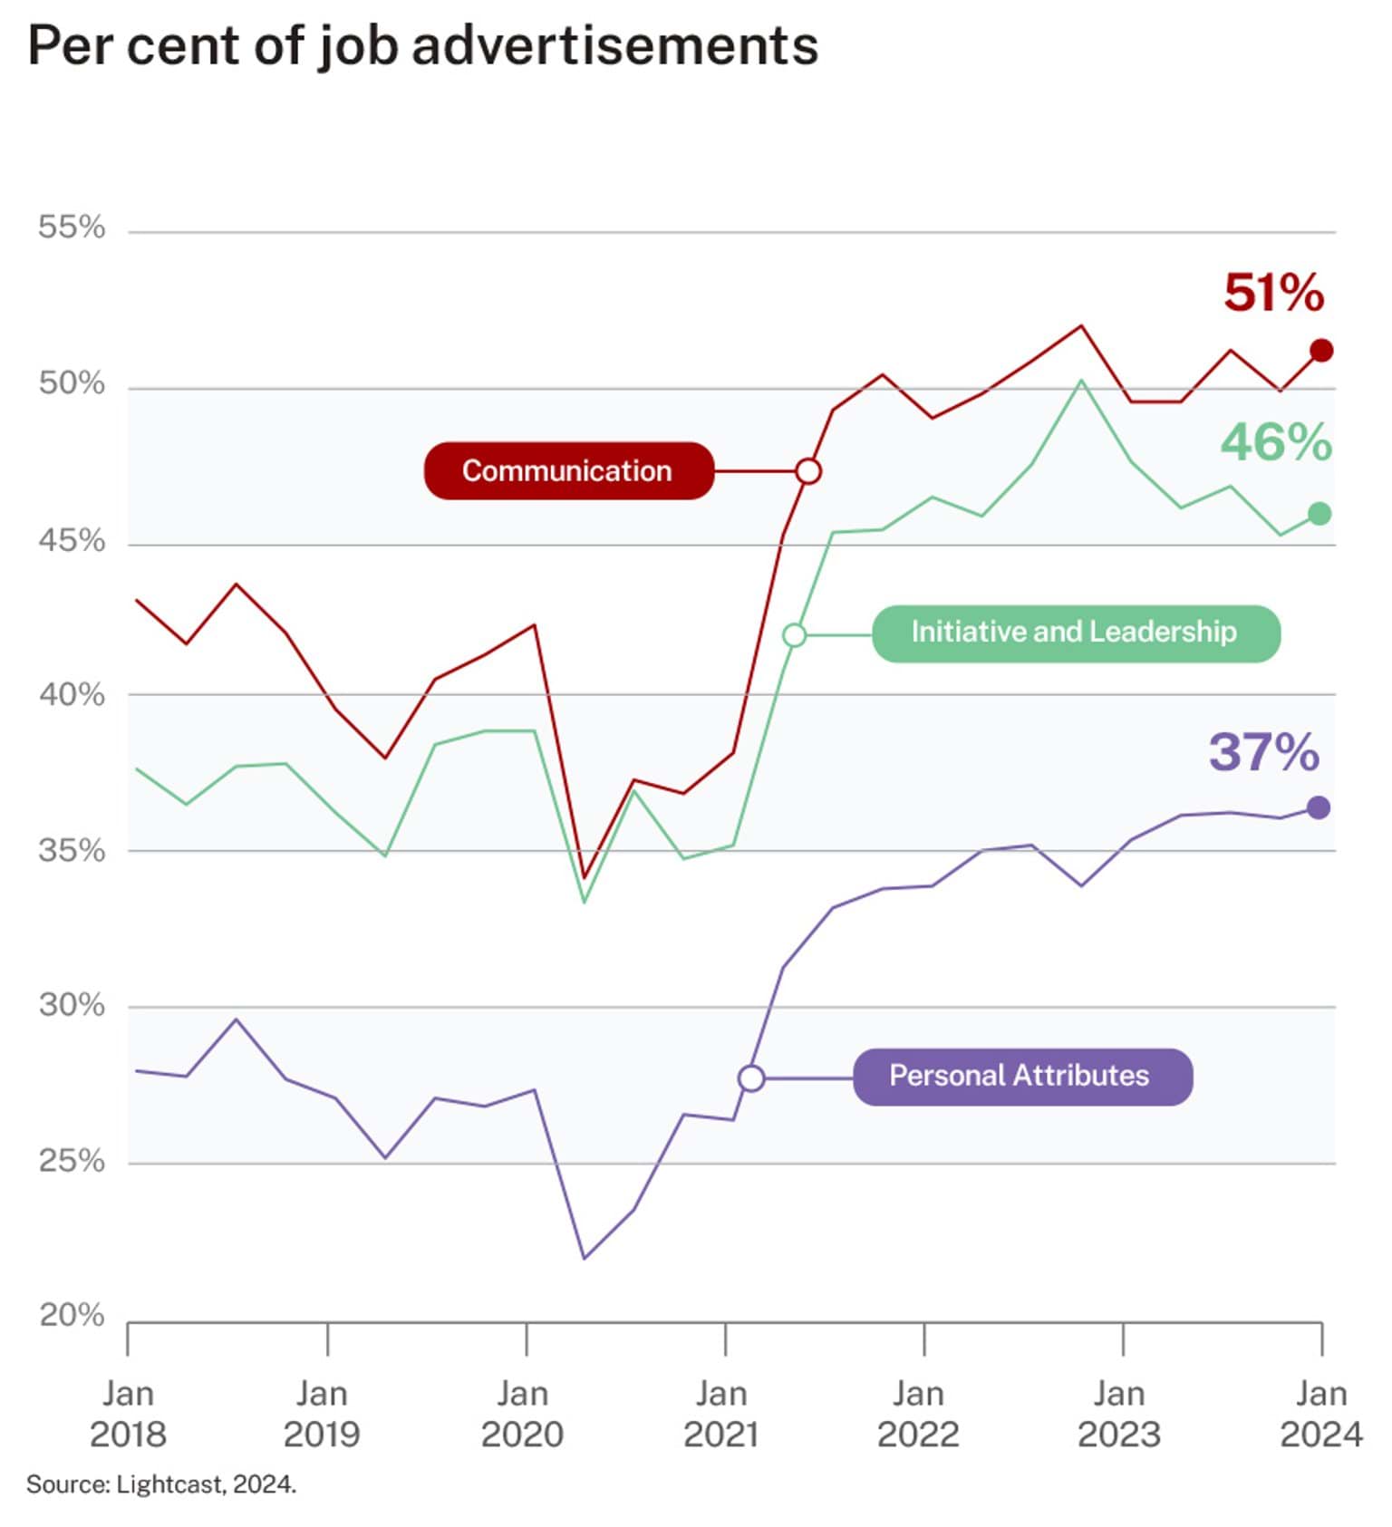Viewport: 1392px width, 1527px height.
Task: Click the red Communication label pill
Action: click(x=568, y=471)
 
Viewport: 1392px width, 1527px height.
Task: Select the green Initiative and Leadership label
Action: click(x=1075, y=633)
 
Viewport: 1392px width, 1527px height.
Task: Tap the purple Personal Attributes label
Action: click(x=1021, y=1077)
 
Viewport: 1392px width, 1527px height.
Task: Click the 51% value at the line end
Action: click(x=1272, y=293)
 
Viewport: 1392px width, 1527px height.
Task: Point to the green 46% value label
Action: click(x=1275, y=442)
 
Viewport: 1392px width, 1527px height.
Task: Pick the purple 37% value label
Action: click(x=1263, y=752)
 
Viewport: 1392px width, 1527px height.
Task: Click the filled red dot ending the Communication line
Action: click(x=1321, y=351)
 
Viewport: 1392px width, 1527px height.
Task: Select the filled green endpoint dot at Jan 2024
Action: click(x=1319, y=514)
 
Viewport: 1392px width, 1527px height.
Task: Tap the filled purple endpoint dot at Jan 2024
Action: click(x=1319, y=807)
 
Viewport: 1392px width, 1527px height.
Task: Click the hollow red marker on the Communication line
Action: click(x=808, y=471)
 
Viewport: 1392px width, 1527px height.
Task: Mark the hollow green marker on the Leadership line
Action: click(x=794, y=635)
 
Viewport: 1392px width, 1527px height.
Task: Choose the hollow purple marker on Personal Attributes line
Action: click(x=750, y=1078)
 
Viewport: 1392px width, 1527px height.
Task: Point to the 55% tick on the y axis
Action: click(x=72, y=227)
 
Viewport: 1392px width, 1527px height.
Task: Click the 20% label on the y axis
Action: click(x=72, y=1315)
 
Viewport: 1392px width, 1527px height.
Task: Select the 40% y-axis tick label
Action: click(x=72, y=695)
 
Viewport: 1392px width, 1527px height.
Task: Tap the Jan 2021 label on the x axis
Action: click(x=721, y=1414)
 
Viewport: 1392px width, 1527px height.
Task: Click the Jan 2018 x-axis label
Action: click(x=128, y=1414)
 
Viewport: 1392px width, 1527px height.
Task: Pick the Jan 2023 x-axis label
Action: click(x=1118, y=1414)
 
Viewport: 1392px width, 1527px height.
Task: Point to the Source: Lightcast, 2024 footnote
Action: click(x=161, y=1484)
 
